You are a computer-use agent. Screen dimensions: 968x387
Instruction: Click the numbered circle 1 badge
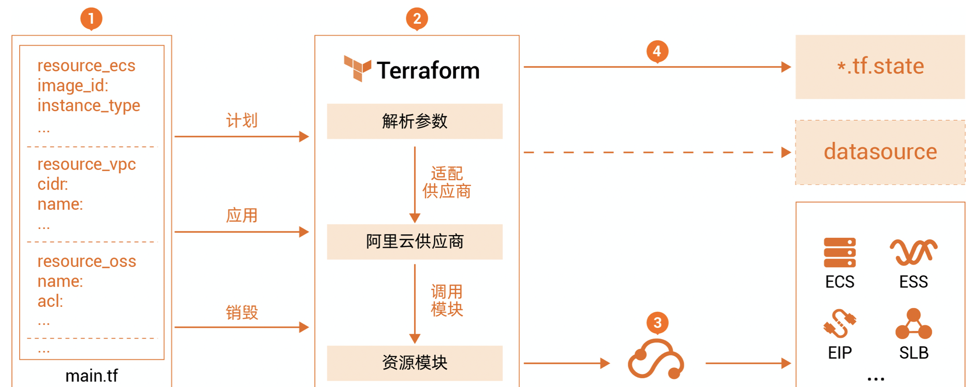pyautogui.click(x=91, y=18)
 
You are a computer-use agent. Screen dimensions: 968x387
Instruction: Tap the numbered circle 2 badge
pyautogui.click(x=417, y=18)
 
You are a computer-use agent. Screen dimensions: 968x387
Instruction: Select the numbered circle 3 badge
pyautogui.click(x=657, y=322)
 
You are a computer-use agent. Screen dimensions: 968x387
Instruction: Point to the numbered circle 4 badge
pyautogui.click(x=657, y=51)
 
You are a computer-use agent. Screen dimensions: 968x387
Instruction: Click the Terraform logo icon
pyautogui.click(x=357, y=69)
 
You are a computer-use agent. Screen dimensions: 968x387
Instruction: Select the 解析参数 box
pyautogui.click(x=415, y=121)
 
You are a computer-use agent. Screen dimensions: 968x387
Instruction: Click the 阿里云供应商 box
pyautogui.click(x=415, y=242)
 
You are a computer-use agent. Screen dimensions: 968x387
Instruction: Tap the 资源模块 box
pyautogui.click(x=415, y=363)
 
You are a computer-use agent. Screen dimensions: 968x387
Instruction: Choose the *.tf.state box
pyautogui.click(x=880, y=67)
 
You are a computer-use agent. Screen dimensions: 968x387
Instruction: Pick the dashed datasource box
pyautogui.click(x=880, y=152)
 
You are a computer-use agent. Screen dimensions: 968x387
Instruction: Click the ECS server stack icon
pyautogui.click(x=840, y=253)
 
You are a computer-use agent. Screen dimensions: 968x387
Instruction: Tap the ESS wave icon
pyautogui.click(x=913, y=252)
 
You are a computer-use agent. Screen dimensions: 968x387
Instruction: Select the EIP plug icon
pyautogui.click(x=840, y=323)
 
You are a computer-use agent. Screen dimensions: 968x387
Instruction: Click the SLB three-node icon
pyautogui.click(x=913, y=323)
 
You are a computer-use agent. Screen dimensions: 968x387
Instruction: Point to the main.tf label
pyautogui.click(x=92, y=375)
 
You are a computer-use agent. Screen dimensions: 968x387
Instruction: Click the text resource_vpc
pyautogui.click(x=86, y=164)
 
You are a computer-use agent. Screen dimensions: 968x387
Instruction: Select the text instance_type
pyautogui.click(x=89, y=105)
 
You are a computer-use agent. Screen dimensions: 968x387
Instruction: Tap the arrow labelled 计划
pyautogui.click(x=242, y=136)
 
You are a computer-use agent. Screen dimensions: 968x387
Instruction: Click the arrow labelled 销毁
pyautogui.click(x=242, y=327)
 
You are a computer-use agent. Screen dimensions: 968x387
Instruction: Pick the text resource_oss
pyautogui.click(x=87, y=261)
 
